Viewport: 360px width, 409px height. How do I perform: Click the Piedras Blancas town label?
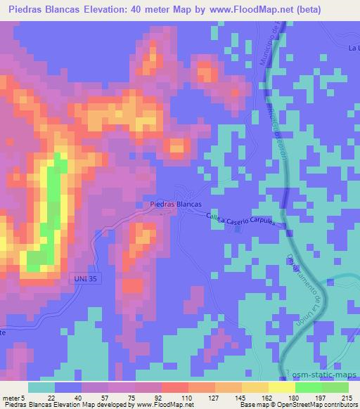point(176,204)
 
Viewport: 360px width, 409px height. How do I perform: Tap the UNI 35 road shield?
point(86,279)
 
